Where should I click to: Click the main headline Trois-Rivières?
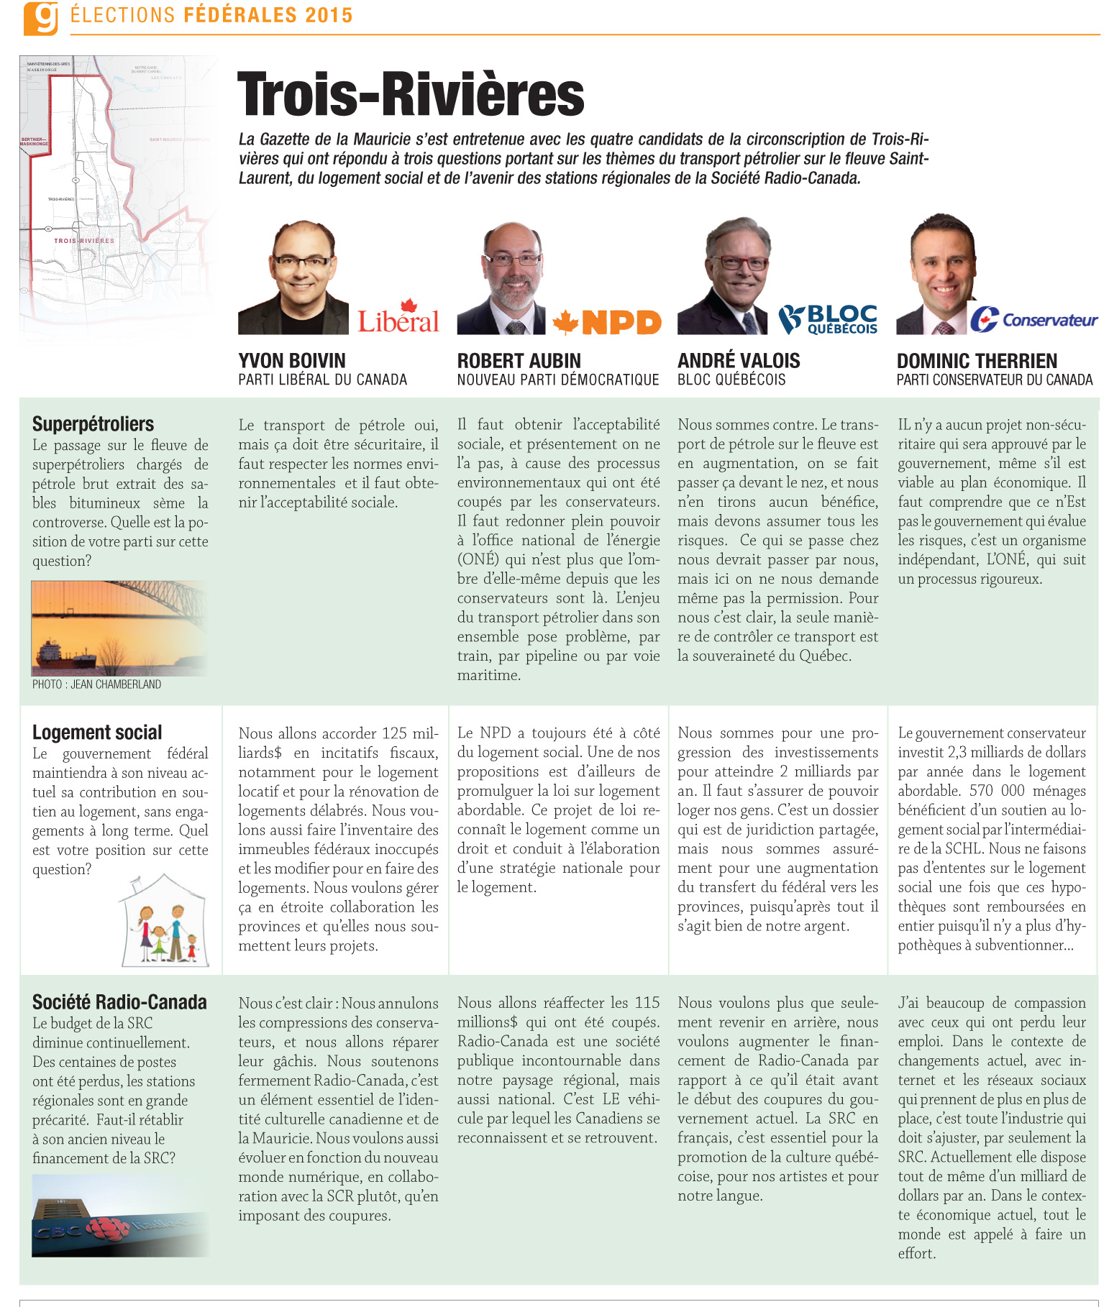coord(411,94)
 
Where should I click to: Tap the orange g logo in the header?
coord(40,17)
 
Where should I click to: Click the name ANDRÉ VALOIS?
coord(739,361)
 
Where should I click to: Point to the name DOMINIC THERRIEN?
coord(977,361)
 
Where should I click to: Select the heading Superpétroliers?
coord(93,424)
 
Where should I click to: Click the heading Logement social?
coord(97,733)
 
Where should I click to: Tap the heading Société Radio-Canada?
coord(119,1002)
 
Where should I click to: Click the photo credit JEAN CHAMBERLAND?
coord(96,684)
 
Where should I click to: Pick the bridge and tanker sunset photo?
coord(119,628)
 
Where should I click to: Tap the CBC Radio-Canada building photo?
coord(119,1216)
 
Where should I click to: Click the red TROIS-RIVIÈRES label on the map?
coord(84,241)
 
